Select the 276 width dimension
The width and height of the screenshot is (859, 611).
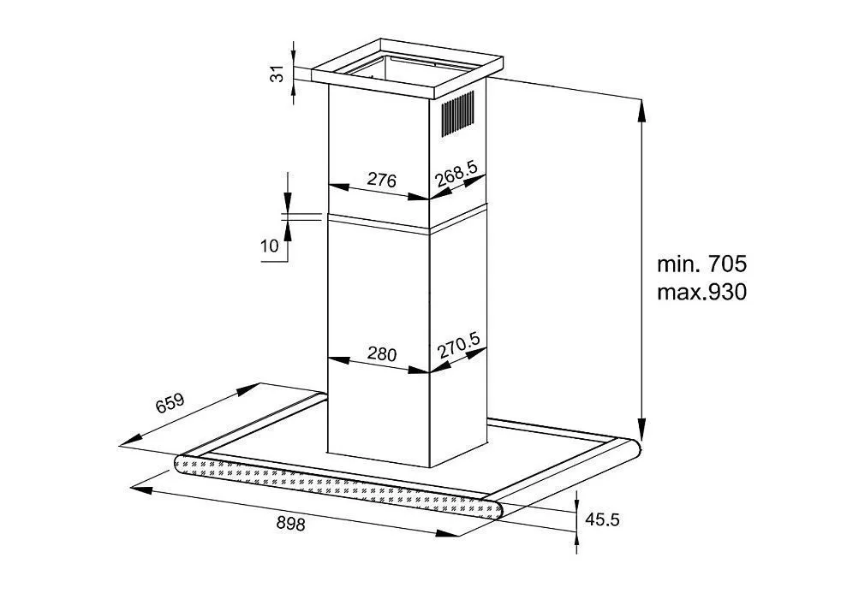coord(381,181)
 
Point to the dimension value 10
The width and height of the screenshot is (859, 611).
coord(270,247)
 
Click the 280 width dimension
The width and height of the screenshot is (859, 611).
coord(381,353)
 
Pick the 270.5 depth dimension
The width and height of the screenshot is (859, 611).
coord(458,349)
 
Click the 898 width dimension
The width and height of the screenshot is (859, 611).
coord(291,523)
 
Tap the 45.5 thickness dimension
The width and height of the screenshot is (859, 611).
coord(603,519)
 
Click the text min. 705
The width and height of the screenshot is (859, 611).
coord(702,263)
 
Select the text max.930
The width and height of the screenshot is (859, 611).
coord(702,292)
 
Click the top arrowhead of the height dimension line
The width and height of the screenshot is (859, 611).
coord(641,104)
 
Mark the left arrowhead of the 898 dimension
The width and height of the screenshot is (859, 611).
coord(137,490)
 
